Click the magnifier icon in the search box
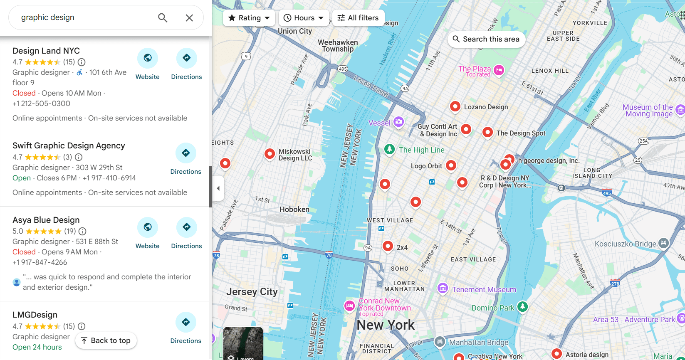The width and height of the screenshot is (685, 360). [x=163, y=17]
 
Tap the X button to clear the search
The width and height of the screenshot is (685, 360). [x=189, y=17]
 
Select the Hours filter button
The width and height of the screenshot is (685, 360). [x=304, y=18]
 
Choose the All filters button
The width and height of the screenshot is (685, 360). [x=358, y=18]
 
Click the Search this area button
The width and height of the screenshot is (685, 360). [x=486, y=39]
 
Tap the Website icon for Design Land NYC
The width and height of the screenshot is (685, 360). [x=148, y=58]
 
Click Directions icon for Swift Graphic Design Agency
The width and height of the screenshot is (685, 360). [x=185, y=153]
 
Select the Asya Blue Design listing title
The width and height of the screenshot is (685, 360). [x=46, y=220]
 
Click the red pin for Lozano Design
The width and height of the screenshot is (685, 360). [x=455, y=106]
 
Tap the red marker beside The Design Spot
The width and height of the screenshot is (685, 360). [x=487, y=132]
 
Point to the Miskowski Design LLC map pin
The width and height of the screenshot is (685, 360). [x=270, y=154]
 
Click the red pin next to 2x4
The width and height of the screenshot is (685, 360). [x=388, y=246]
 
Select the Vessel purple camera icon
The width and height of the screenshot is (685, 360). [x=398, y=122]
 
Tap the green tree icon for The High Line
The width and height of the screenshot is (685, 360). [x=389, y=149]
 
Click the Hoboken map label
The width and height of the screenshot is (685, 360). [x=294, y=210]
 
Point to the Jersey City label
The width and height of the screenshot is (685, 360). [x=252, y=292]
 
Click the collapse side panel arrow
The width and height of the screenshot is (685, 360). [x=218, y=188]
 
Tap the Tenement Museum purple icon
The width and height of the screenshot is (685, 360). [x=443, y=288]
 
